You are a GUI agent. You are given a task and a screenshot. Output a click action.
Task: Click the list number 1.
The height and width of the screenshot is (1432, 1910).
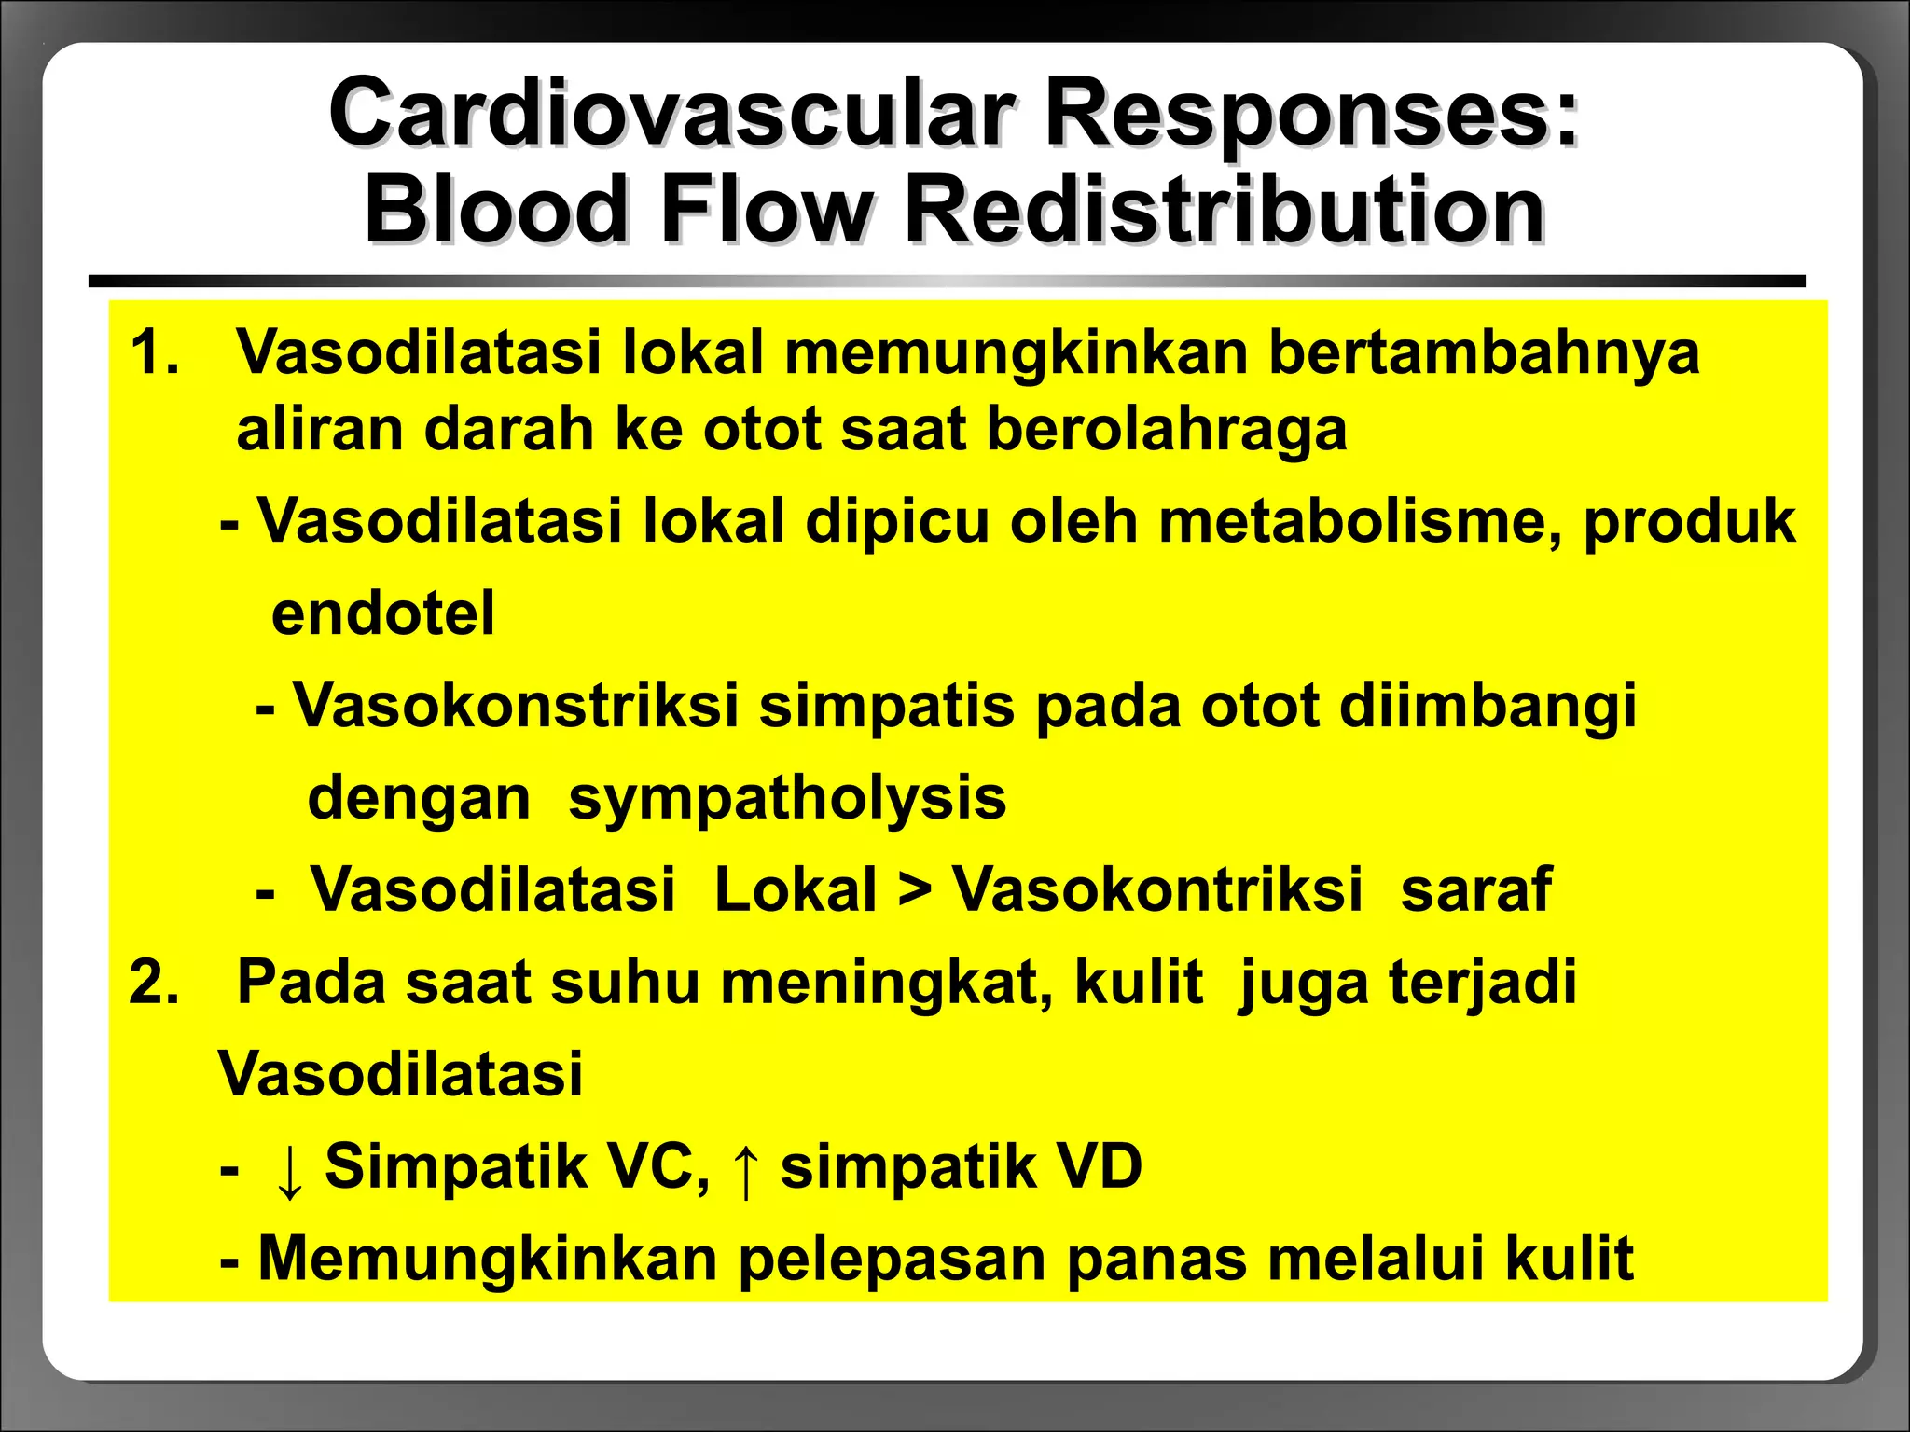tap(155, 353)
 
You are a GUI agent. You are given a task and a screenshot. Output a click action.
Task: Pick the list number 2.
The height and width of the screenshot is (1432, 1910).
tap(155, 983)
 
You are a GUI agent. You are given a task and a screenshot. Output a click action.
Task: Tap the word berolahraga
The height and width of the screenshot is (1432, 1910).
tap(1166, 430)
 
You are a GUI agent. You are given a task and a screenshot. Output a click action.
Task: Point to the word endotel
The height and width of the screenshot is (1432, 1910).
tap(382, 613)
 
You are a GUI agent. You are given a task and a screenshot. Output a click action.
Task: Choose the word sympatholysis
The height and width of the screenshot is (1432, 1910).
tap(787, 799)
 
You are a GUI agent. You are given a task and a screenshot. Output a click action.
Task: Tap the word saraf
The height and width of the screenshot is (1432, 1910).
tap(1475, 890)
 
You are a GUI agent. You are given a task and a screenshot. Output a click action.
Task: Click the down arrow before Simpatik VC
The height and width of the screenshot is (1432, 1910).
tap(290, 1171)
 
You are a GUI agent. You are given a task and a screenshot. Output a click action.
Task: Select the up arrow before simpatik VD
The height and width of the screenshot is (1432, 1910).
tap(745, 1171)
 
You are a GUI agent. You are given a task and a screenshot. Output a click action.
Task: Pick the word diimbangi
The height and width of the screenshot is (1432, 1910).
tap(1488, 706)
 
